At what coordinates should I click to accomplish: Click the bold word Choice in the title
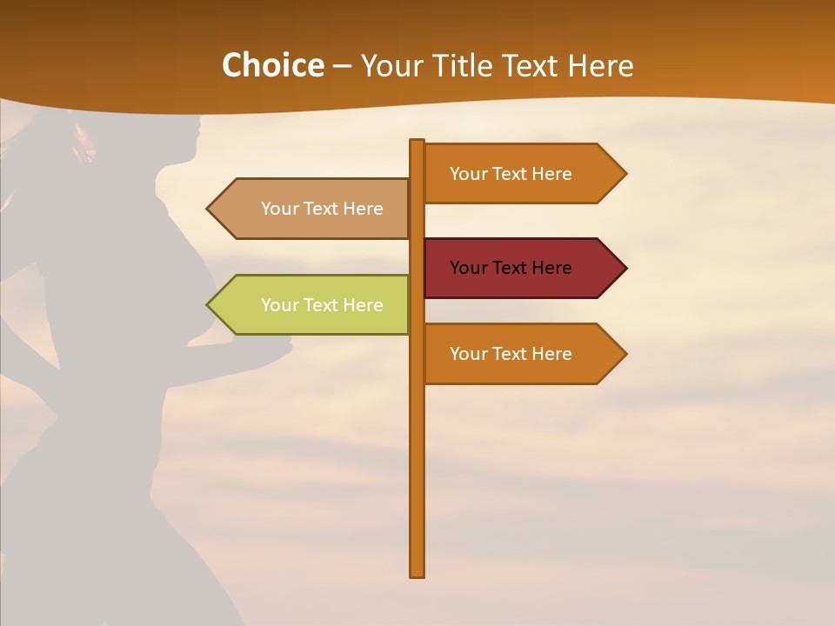click(272, 66)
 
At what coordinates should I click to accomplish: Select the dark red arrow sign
click(522, 268)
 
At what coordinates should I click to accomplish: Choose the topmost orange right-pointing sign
click(522, 174)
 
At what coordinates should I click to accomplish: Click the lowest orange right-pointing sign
click(522, 354)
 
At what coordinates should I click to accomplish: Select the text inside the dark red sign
click(511, 268)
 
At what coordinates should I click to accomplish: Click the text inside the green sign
click(322, 305)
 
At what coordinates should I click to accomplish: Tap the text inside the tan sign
click(322, 209)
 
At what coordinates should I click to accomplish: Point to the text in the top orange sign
click(511, 174)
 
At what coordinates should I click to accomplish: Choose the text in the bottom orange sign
click(511, 354)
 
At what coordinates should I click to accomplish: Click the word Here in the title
click(600, 66)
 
